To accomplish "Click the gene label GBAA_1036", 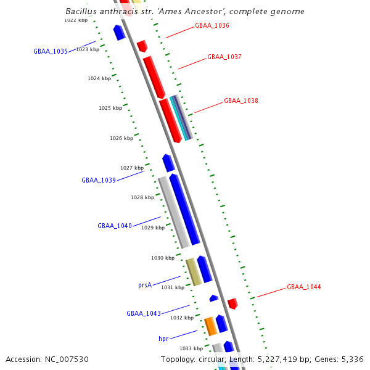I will pyautogui.click(x=212, y=26).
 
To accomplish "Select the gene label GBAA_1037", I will pyautogui.click(x=224, y=57).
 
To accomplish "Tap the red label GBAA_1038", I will pyautogui.click(x=241, y=101).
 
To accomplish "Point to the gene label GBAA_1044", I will pyautogui.click(x=303, y=287).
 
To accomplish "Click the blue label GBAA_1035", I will pyautogui.click(x=51, y=52).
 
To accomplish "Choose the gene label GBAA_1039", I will pyautogui.click(x=99, y=181).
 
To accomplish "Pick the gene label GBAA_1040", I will pyautogui.click(x=115, y=226).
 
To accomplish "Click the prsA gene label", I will pyautogui.click(x=145, y=286).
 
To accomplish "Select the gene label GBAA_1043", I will pyautogui.click(x=144, y=313).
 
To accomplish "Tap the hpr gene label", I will pyautogui.click(x=163, y=339).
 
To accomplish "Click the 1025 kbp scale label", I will pyautogui.click(x=110, y=109).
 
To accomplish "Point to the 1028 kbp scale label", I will pyautogui.click(x=142, y=198).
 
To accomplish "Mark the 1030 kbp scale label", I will pyautogui.click(x=163, y=258).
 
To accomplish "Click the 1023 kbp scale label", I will pyautogui.click(x=88, y=49).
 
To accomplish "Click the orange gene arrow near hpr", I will pyautogui.click(x=210, y=326).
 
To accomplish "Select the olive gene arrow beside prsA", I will pyautogui.click(x=194, y=272).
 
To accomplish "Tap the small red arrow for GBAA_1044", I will pyautogui.click(x=232, y=303).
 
